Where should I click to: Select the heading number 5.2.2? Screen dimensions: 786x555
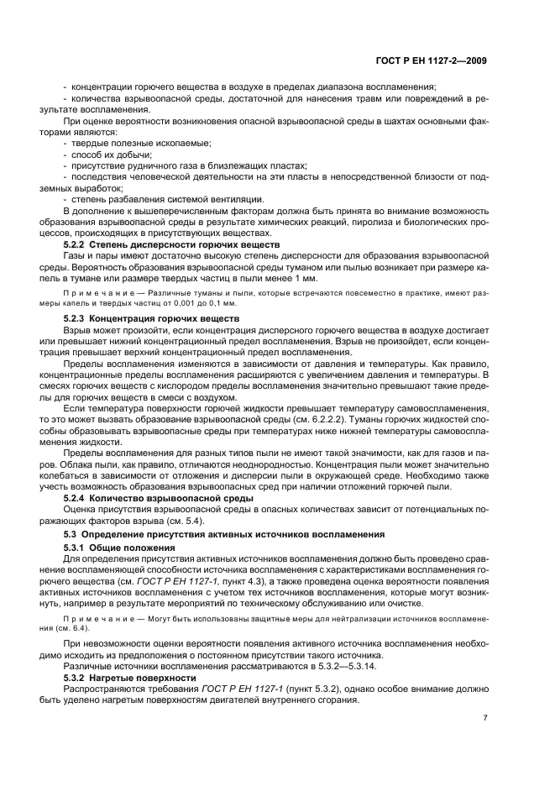[x=78, y=244]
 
